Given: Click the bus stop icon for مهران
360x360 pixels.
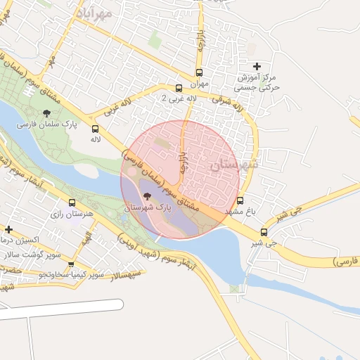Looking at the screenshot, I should point(199,72).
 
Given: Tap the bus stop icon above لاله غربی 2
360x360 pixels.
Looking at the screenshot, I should point(179,89).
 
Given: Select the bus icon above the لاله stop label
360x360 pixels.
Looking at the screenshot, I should point(96,129).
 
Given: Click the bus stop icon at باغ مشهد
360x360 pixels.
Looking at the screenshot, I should point(240,200).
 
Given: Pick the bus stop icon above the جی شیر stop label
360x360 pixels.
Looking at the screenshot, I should point(264,232).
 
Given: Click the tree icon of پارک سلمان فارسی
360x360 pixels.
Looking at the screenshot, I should point(47,113).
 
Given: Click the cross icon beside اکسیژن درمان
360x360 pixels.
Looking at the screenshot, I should point(8,229).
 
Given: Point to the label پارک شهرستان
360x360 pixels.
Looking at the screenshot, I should point(148,209).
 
